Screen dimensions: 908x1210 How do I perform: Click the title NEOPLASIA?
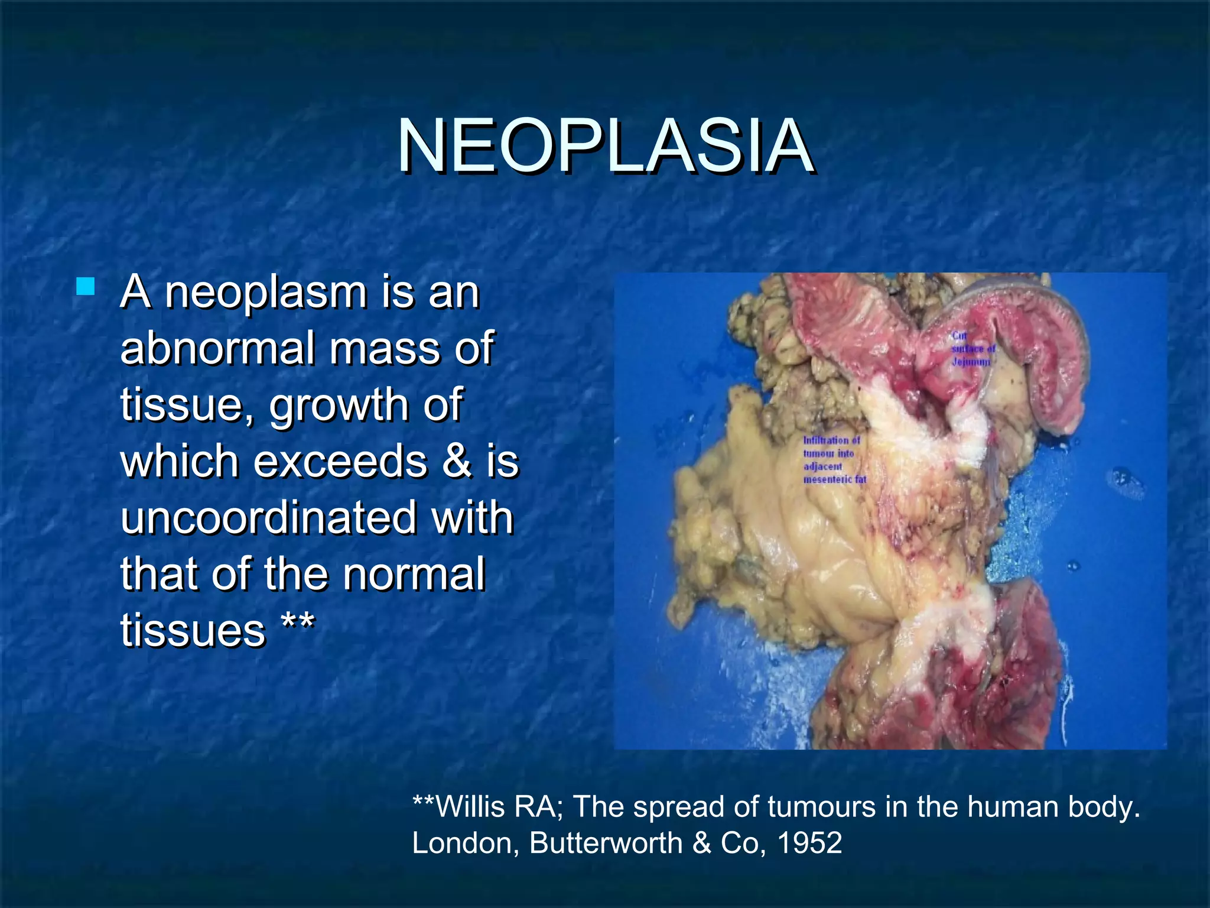click(x=605, y=146)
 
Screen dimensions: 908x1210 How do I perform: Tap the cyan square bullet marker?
click(x=86, y=287)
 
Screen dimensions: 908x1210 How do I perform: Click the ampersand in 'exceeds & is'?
click(x=456, y=462)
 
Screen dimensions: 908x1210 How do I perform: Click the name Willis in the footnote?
click(x=470, y=807)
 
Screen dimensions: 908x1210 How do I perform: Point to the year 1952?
click(x=809, y=843)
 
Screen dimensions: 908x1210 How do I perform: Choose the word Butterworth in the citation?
click(x=606, y=843)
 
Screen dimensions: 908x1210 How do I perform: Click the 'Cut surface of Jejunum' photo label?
click(x=972, y=348)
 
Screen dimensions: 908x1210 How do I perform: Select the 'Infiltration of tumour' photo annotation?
click(x=833, y=459)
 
